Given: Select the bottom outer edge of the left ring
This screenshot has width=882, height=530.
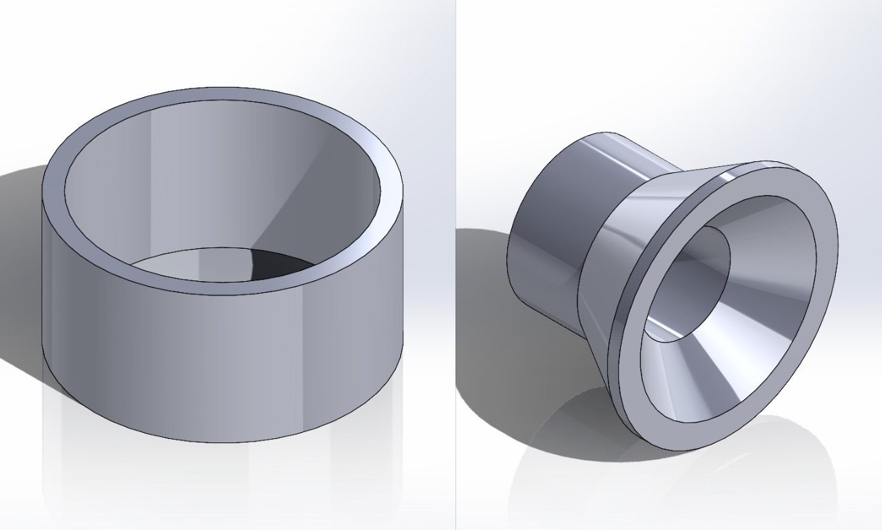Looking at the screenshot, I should click(x=220, y=442).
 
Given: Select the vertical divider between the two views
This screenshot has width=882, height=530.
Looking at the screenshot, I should click(x=455, y=276).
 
